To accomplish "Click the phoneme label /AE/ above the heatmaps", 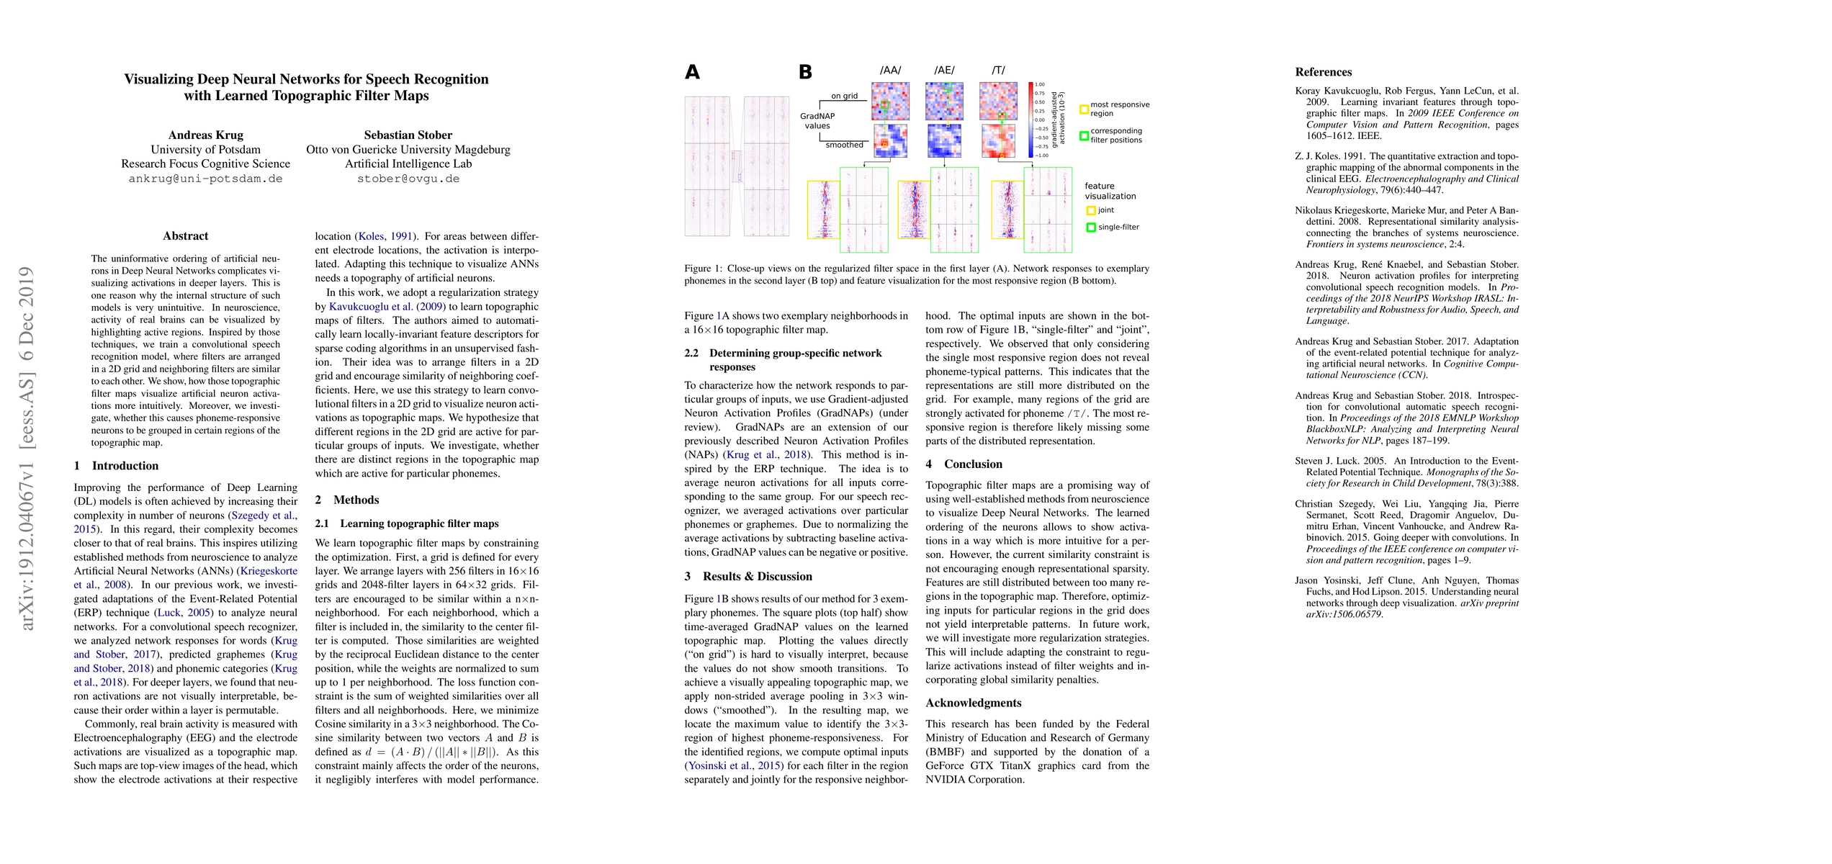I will click(944, 71).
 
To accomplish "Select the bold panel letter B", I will click(806, 72).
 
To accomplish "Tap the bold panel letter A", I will click(692, 72).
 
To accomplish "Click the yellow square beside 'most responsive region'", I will click(1084, 109).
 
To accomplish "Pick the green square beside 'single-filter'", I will click(1091, 228).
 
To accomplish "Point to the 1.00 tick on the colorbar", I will click(1040, 85).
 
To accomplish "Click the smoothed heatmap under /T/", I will click(998, 141).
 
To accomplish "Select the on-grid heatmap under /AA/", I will click(890, 101).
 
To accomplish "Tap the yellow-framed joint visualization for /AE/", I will click(913, 210).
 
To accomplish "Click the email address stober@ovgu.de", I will click(408, 179).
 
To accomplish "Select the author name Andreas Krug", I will click(205, 135).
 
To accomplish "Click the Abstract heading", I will click(185, 236).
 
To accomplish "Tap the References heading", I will click(1323, 72).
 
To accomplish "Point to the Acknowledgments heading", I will click(974, 703).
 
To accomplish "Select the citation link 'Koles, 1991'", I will click(385, 236).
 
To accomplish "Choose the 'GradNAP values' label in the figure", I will click(817, 121).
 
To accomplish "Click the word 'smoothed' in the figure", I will click(844, 145).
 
